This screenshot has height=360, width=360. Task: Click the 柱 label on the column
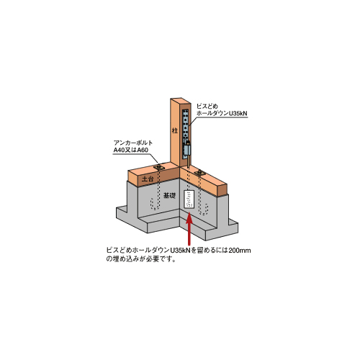tap(174, 131)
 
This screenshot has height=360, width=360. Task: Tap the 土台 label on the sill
tap(148, 179)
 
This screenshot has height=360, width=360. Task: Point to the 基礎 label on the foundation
tap(169, 195)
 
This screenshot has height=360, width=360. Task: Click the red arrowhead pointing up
tap(189, 218)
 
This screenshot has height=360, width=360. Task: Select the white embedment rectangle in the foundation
tap(189, 199)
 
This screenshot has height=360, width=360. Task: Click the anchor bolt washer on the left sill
tap(158, 167)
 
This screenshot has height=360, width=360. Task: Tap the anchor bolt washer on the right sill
tap(200, 172)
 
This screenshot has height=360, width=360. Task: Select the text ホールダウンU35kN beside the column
tap(222, 113)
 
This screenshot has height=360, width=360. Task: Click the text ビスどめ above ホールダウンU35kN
tap(207, 106)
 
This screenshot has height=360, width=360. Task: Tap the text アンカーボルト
tap(133, 143)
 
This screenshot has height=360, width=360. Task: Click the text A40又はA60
tap(131, 150)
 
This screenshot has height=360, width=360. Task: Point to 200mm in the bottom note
tap(240, 251)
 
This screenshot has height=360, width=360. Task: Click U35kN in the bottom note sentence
tap(180, 251)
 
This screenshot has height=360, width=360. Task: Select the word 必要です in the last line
tap(161, 259)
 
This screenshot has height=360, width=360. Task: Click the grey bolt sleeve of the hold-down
tap(186, 150)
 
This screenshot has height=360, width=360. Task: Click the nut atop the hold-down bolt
tap(189, 143)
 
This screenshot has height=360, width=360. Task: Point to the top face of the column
tap(181, 101)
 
